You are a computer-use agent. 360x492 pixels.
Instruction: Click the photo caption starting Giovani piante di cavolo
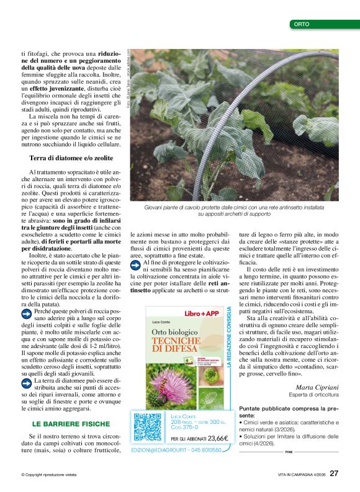coord(235,210)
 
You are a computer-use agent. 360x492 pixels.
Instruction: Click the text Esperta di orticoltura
coord(314,395)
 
